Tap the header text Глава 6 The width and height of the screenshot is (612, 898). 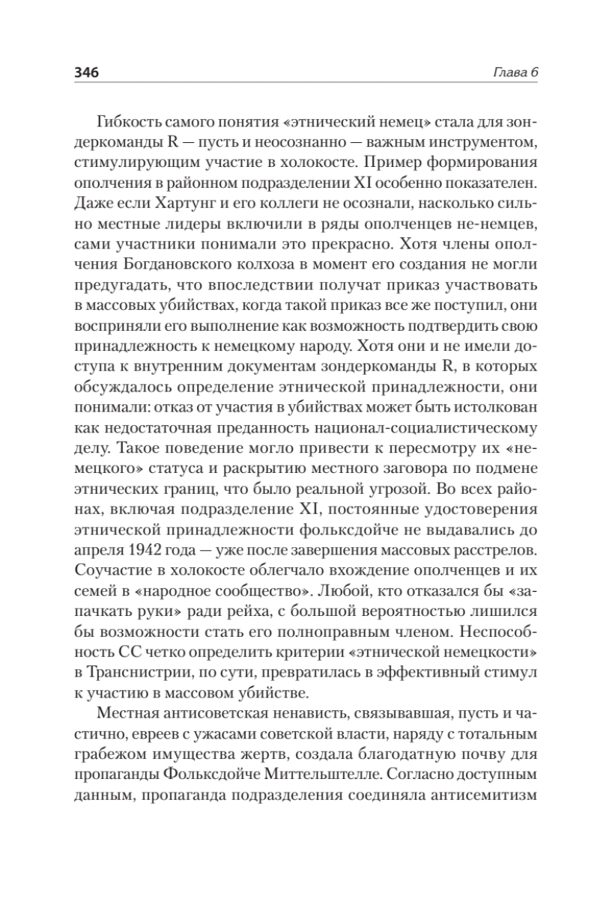pos(517,72)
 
